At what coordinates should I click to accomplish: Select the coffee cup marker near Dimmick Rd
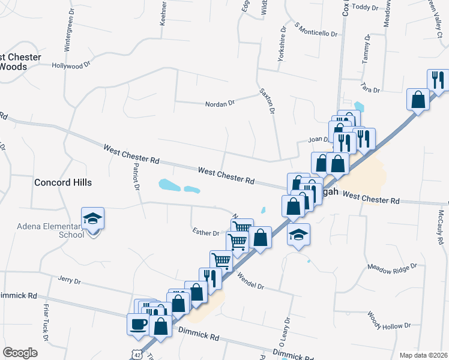click(138, 325)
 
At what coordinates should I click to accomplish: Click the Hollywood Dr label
click(70, 65)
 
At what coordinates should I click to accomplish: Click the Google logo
click(20, 352)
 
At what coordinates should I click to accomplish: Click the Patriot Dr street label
click(136, 177)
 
